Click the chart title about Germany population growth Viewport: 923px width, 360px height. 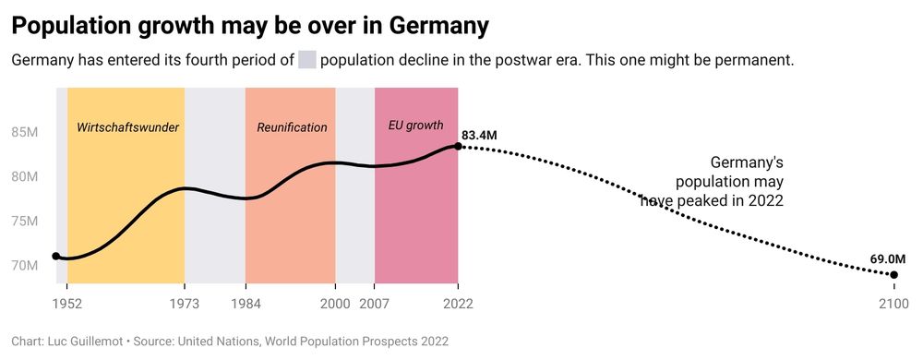click(249, 26)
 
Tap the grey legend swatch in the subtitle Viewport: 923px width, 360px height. click(306, 61)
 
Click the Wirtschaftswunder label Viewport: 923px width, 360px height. click(127, 127)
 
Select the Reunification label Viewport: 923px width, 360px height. click(292, 127)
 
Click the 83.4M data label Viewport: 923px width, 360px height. click(479, 136)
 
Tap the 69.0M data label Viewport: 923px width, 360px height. click(887, 260)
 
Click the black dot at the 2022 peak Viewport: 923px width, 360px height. click(458, 146)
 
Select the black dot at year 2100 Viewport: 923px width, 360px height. click(894, 275)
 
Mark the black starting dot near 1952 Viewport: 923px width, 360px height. click(56, 257)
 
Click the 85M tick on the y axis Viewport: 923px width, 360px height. click(24, 132)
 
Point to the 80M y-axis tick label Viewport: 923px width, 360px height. click(24, 176)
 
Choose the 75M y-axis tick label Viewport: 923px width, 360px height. click(24, 222)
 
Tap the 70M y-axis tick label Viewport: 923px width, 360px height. click(24, 266)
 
